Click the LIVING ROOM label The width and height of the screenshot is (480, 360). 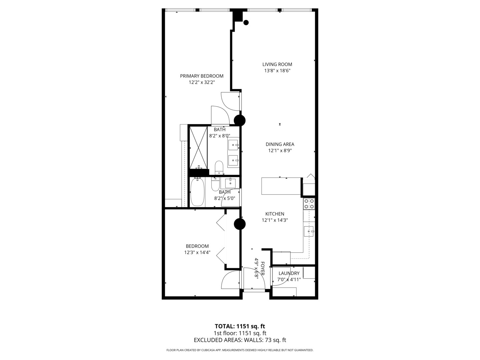click(x=277, y=64)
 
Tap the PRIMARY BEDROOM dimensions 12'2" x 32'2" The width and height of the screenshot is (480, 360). click(x=202, y=82)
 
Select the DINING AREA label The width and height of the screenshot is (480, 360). click(x=280, y=144)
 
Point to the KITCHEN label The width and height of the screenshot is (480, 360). click(x=275, y=214)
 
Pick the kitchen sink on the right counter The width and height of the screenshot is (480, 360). click(x=309, y=231)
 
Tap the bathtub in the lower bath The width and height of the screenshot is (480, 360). click(x=197, y=192)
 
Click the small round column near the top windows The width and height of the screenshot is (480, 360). click(x=246, y=22)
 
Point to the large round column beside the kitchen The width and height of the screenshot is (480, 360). click(x=240, y=224)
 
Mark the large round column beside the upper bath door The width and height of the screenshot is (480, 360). click(x=240, y=120)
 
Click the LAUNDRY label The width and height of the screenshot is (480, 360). click(x=289, y=273)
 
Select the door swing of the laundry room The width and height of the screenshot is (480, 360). click(x=281, y=276)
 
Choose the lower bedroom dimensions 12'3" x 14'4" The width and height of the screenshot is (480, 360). click(x=197, y=252)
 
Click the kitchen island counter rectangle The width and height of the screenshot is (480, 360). click(x=281, y=186)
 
